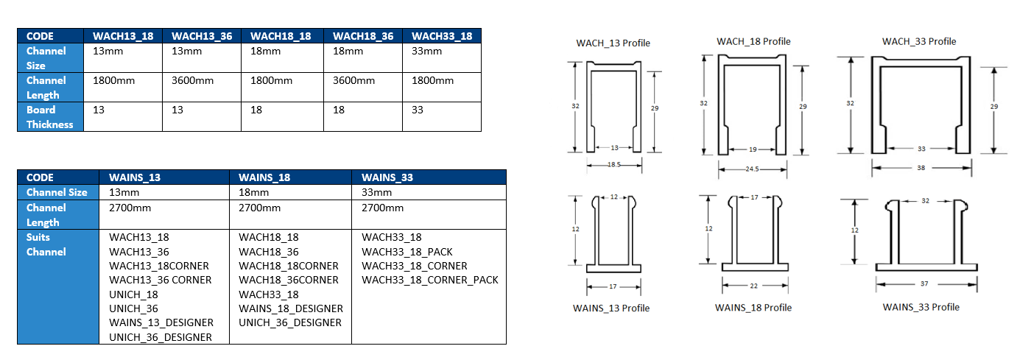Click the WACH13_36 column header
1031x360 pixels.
point(202,36)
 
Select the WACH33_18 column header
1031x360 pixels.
point(442,36)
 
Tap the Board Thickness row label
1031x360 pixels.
point(50,117)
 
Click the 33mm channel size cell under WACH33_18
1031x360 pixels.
point(427,51)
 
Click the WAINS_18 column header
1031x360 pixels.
point(264,177)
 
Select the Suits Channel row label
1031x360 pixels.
point(46,244)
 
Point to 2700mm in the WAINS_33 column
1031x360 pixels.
point(382,208)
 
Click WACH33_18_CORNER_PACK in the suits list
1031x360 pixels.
point(430,280)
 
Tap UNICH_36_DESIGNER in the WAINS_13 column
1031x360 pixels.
point(161,337)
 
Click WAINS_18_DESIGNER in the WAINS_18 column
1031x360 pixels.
point(291,308)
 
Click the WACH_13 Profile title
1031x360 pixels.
point(613,43)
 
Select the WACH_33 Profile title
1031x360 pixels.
point(919,41)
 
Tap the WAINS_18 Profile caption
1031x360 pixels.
point(753,307)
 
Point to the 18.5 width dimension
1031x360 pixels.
point(613,166)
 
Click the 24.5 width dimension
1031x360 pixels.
point(752,169)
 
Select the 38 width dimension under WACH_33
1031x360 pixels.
point(921,167)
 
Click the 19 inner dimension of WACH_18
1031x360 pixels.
point(753,149)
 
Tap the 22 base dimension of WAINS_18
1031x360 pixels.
point(752,285)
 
